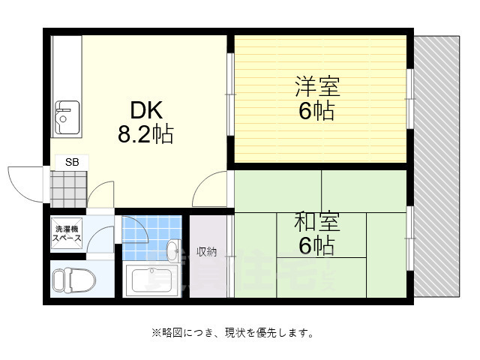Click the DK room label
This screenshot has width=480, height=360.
pyautogui.click(x=145, y=111)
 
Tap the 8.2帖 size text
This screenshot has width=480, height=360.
pyautogui.click(x=145, y=135)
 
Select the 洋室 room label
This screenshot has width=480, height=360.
pyautogui.click(x=316, y=85)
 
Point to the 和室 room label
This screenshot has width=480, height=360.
pyautogui.click(x=316, y=222)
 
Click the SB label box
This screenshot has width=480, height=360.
pyautogui.click(x=71, y=162)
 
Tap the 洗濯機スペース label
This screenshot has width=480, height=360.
pyautogui.click(x=66, y=233)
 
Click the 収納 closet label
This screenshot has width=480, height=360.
pyautogui.click(x=206, y=252)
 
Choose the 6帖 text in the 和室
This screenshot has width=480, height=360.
pyautogui.click(x=316, y=245)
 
